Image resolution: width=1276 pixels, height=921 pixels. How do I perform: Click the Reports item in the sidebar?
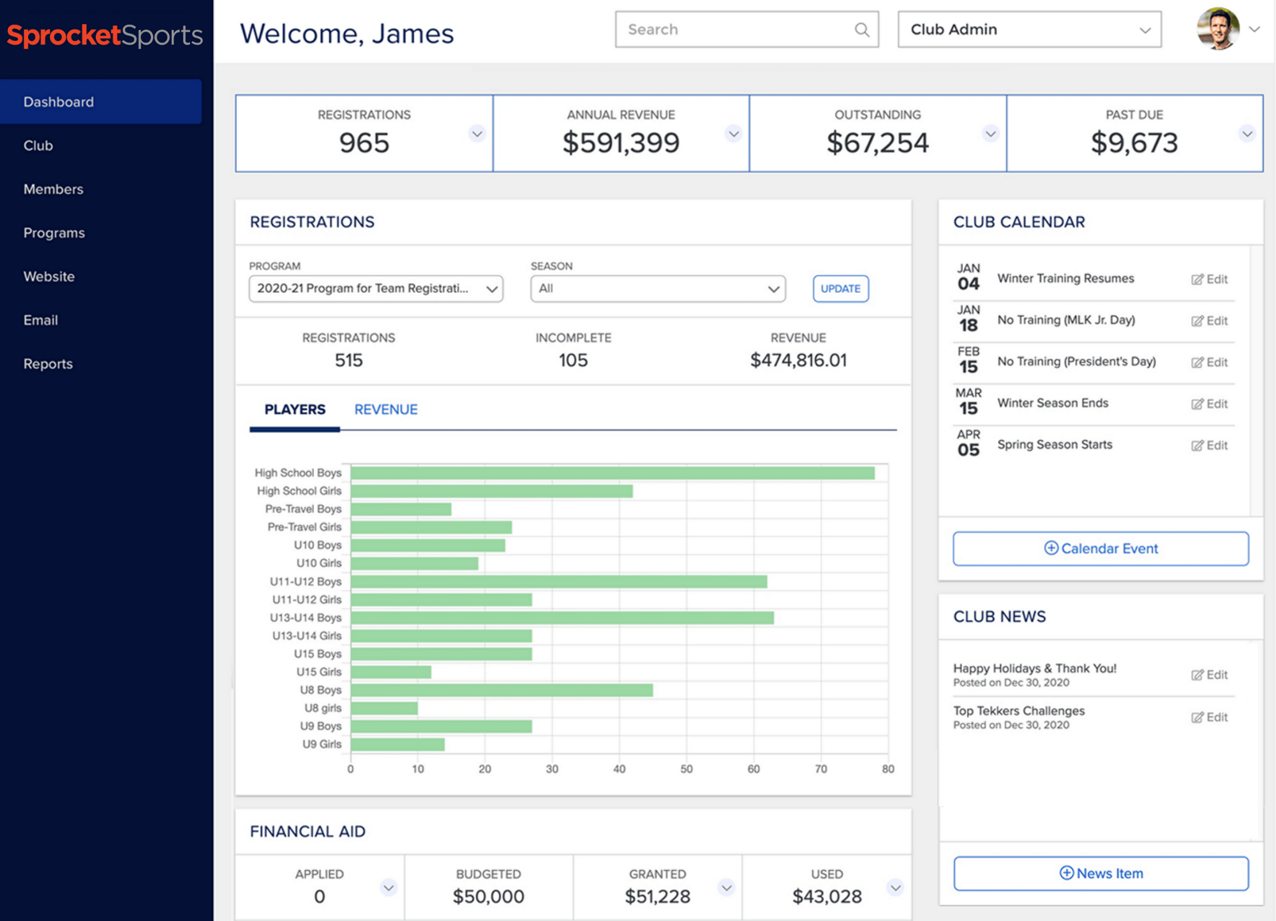[48, 364]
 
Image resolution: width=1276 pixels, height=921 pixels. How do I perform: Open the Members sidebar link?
[53, 189]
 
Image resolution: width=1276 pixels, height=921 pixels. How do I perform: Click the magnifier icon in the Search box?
[861, 29]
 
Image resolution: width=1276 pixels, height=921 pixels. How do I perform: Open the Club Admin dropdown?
[1028, 29]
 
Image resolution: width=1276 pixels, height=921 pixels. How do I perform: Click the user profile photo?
[1217, 29]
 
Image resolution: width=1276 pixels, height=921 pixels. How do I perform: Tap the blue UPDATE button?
[840, 288]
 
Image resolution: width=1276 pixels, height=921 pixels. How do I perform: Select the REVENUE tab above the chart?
[385, 409]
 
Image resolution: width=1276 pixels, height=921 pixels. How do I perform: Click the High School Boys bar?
[612, 473]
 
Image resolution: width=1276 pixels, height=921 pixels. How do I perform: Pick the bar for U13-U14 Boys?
[561, 617]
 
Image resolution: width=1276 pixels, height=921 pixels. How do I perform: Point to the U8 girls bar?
[384, 708]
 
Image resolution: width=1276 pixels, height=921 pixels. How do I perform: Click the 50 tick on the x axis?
[686, 769]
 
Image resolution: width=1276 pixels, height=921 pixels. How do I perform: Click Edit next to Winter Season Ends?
[1209, 404]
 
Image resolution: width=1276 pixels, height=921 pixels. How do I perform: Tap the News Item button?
[1101, 873]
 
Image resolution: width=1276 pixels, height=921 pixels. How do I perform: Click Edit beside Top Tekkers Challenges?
[1209, 717]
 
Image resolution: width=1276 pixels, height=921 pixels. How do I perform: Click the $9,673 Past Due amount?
[1134, 142]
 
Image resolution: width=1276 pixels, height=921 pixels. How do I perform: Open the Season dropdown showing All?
[657, 288]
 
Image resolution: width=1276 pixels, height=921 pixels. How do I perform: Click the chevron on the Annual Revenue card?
[734, 134]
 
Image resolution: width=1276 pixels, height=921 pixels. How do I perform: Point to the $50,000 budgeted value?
[488, 896]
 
